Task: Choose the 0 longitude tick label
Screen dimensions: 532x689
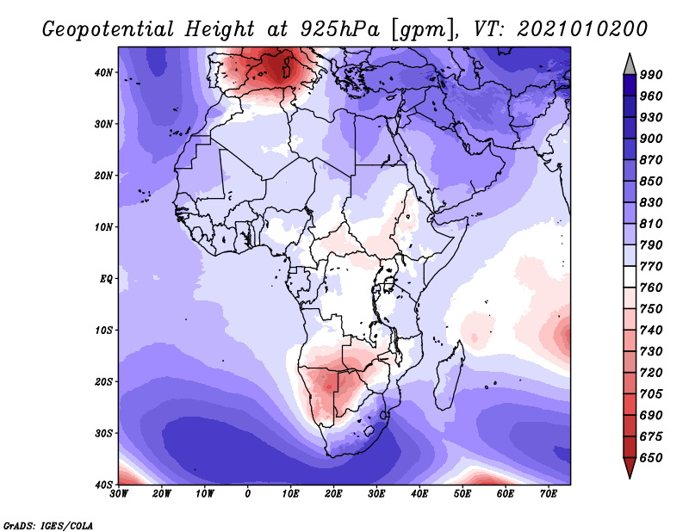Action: tap(248, 494)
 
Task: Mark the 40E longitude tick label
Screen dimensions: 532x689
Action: tap(419, 494)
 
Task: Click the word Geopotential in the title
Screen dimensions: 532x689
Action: tap(111, 30)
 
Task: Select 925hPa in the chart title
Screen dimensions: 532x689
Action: tap(334, 30)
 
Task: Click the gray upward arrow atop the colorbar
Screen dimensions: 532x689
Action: tap(629, 63)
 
